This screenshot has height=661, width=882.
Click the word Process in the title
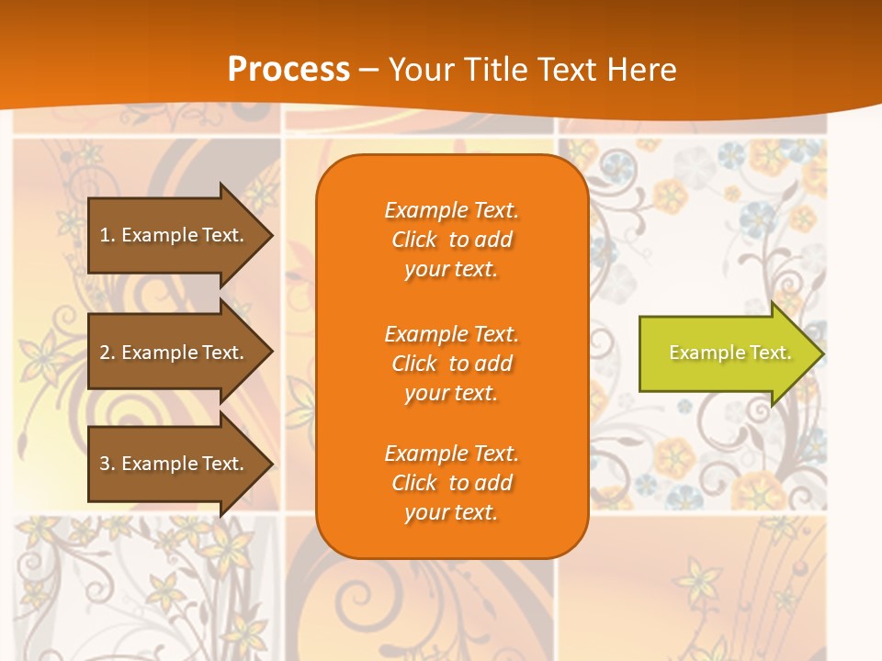point(288,70)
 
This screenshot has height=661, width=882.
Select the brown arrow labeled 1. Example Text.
point(175,235)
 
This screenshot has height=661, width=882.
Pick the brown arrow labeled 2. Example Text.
point(175,353)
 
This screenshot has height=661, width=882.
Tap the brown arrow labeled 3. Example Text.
point(175,464)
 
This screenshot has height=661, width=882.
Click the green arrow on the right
point(726,353)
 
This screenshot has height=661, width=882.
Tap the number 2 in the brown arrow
point(105,353)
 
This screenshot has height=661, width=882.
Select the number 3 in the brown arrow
point(105,464)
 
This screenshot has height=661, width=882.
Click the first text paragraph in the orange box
point(451,240)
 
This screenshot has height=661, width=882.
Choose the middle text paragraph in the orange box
point(451,364)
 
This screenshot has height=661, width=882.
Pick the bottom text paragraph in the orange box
point(451,483)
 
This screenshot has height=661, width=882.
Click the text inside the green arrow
point(729,353)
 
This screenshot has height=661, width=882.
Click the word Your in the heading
point(421,70)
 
